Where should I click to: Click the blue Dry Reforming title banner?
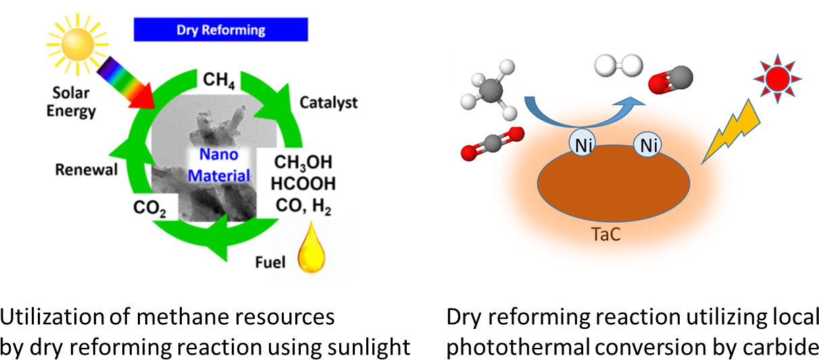[221, 30]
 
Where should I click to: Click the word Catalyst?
[328, 103]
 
